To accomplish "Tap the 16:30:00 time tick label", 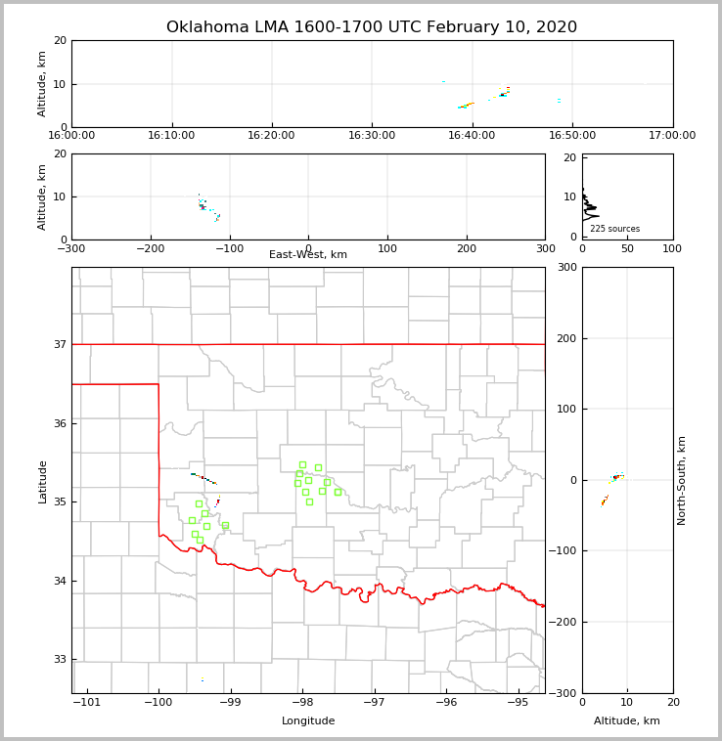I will (372, 135).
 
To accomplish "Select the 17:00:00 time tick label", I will (672, 135).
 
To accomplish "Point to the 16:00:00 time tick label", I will (71, 135).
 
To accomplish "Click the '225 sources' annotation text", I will (614, 229).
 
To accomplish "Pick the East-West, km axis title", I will (308, 255).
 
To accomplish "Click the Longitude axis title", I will (308, 721).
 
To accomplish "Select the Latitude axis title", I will (42, 481).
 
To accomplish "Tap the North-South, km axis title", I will (682, 480).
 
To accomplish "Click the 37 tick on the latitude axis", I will (59, 344).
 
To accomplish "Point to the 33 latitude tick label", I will (59, 660).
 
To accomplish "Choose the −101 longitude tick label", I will (87, 702).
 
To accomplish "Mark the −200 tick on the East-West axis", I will (150, 248).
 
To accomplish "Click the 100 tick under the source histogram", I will (672, 248).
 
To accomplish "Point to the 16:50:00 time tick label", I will (572, 135).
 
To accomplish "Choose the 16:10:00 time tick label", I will (171, 135).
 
